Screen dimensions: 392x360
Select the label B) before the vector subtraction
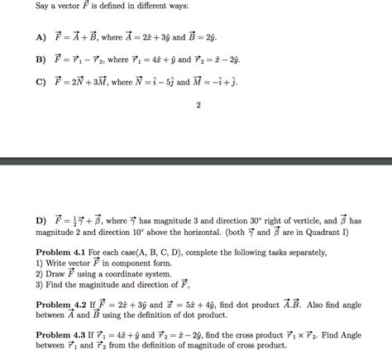41,60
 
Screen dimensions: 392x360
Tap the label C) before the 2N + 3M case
41,82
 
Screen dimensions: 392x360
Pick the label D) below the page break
41,221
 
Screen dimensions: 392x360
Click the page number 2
198,105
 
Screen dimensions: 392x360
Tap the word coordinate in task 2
130,272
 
